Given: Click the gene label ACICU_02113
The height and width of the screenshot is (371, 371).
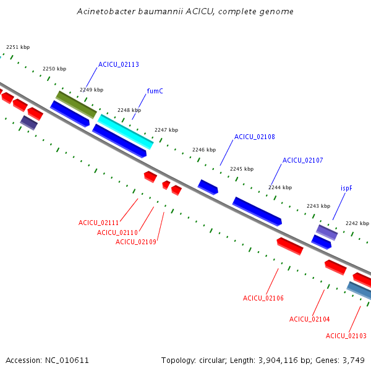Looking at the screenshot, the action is pyautogui.click(x=119, y=64).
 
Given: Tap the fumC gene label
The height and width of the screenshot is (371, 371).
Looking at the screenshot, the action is pyautogui.click(x=155, y=91).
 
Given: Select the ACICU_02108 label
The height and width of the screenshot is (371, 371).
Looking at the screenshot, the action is pyautogui.click(x=255, y=137).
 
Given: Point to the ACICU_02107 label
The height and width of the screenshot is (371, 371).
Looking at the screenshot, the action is pyautogui.click(x=303, y=160).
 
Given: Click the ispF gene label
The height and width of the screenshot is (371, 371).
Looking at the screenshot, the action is pyautogui.click(x=346, y=189).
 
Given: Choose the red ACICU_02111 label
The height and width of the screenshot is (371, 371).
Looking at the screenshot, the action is pyautogui.click(x=99, y=223).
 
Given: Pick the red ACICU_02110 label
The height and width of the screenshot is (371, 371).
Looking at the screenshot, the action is pyautogui.click(x=117, y=232).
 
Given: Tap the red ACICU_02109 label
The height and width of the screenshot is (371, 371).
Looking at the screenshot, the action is pyautogui.click(x=136, y=242).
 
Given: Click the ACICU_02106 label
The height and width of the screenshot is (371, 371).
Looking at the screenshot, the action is pyautogui.click(x=263, y=298).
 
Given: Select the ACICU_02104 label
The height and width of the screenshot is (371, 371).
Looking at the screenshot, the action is pyautogui.click(x=310, y=319).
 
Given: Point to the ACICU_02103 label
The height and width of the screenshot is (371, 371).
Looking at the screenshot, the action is pyautogui.click(x=346, y=336).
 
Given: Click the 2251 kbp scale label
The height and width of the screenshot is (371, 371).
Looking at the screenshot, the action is pyautogui.click(x=18, y=47).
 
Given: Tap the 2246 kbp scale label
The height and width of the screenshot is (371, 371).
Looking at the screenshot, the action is pyautogui.click(x=204, y=150).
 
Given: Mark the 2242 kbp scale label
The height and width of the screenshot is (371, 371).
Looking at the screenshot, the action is pyautogui.click(x=357, y=223).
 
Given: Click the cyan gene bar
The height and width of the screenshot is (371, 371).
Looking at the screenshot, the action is pyautogui.click(x=126, y=132).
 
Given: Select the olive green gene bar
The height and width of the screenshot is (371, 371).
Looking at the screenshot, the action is pyautogui.click(x=76, y=104).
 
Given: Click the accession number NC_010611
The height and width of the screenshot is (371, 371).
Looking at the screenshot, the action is pyautogui.click(x=67, y=360).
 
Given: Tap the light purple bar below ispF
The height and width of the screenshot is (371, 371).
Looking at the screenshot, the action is pyautogui.click(x=326, y=232).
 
